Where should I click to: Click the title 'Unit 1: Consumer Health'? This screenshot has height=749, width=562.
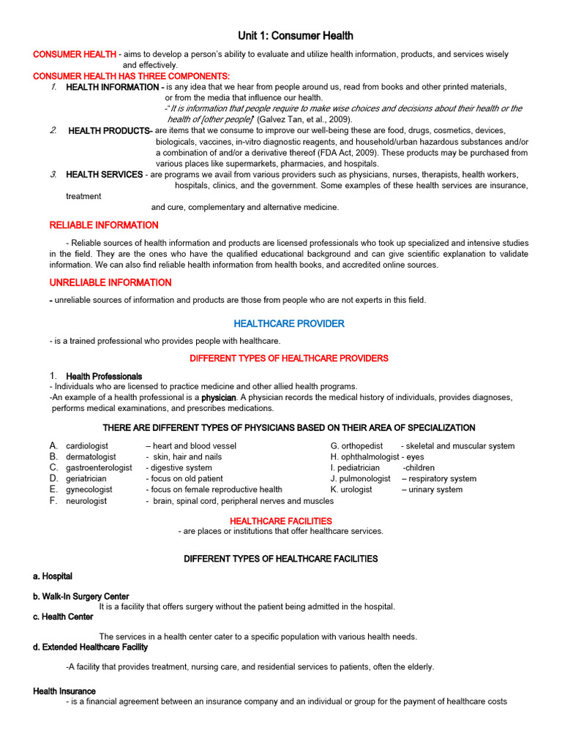click(x=296, y=35)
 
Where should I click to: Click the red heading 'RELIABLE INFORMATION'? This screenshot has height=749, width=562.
click(x=103, y=225)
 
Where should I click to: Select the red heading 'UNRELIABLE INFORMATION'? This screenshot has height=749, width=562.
click(x=110, y=282)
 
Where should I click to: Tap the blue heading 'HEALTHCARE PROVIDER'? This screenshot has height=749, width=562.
click(x=289, y=323)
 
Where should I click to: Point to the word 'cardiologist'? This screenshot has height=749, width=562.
click(x=87, y=446)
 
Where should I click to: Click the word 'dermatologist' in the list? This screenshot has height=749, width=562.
click(x=91, y=457)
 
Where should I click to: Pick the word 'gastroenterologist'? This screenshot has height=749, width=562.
click(x=99, y=468)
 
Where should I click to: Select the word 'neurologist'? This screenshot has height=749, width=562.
click(x=86, y=501)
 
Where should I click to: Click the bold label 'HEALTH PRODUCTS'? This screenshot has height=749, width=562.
click(x=108, y=131)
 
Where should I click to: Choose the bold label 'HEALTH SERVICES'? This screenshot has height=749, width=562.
click(x=105, y=175)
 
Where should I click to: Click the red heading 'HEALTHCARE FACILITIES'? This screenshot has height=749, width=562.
click(x=281, y=521)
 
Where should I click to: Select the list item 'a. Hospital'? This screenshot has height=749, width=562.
click(x=53, y=576)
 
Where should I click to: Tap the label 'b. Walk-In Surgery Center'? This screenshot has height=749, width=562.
click(x=80, y=597)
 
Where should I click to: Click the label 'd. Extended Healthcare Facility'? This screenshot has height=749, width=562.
click(x=90, y=647)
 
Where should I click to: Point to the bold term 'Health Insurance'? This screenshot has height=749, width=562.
click(x=64, y=691)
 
